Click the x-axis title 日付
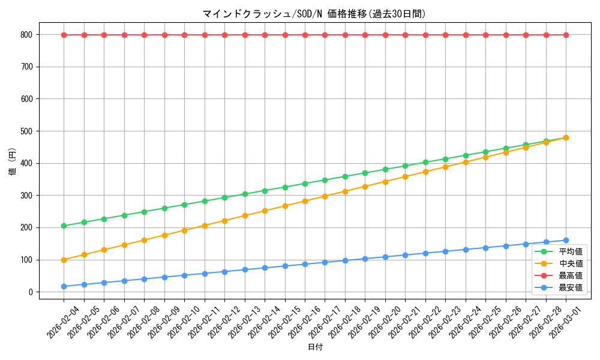[314, 347]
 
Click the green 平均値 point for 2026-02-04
[64, 226]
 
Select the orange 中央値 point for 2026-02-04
[64, 260]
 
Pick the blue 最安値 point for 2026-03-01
[566, 241]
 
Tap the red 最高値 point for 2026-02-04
[64, 35]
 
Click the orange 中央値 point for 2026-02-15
[285, 206]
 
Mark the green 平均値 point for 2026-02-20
[385, 169]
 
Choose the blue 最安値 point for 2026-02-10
[184, 275]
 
